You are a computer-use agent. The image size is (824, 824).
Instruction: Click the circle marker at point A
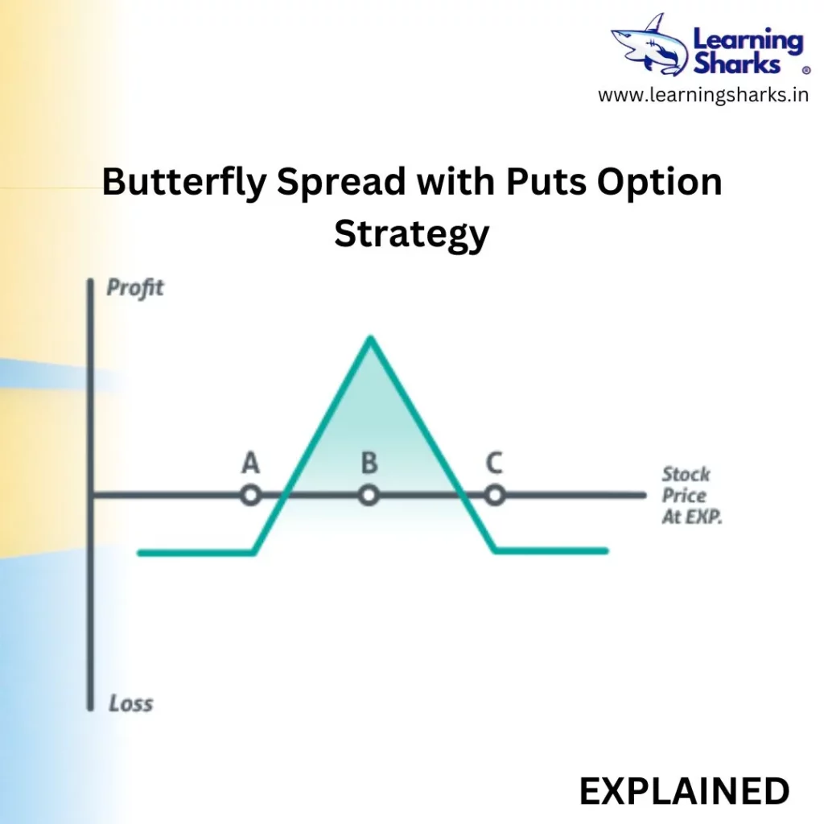click(251, 495)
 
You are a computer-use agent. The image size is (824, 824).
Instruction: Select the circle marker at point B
click(369, 495)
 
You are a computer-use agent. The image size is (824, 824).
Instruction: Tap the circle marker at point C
click(495, 495)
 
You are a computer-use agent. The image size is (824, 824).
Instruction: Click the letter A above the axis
click(251, 463)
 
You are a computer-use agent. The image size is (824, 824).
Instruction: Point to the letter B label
click(369, 463)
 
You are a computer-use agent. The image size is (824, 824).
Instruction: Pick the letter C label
click(494, 463)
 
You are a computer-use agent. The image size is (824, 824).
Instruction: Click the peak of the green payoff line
click(370, 337)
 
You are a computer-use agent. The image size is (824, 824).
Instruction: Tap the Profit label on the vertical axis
click(135, 288)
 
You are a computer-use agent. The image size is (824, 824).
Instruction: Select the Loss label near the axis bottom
click(131, 703)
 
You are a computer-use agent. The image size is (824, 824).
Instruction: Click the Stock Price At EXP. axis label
click(691, 496)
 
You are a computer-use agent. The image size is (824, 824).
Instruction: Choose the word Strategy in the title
click(411, 234)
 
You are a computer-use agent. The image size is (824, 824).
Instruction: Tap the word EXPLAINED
click(684, 792)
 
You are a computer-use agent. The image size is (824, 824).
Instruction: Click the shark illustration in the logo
click(650, 45)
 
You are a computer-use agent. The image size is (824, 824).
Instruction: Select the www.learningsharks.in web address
click(703, 95)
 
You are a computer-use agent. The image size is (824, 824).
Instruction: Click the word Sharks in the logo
click(737, 64)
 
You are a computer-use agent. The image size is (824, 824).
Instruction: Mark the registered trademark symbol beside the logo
click(806, 70)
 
